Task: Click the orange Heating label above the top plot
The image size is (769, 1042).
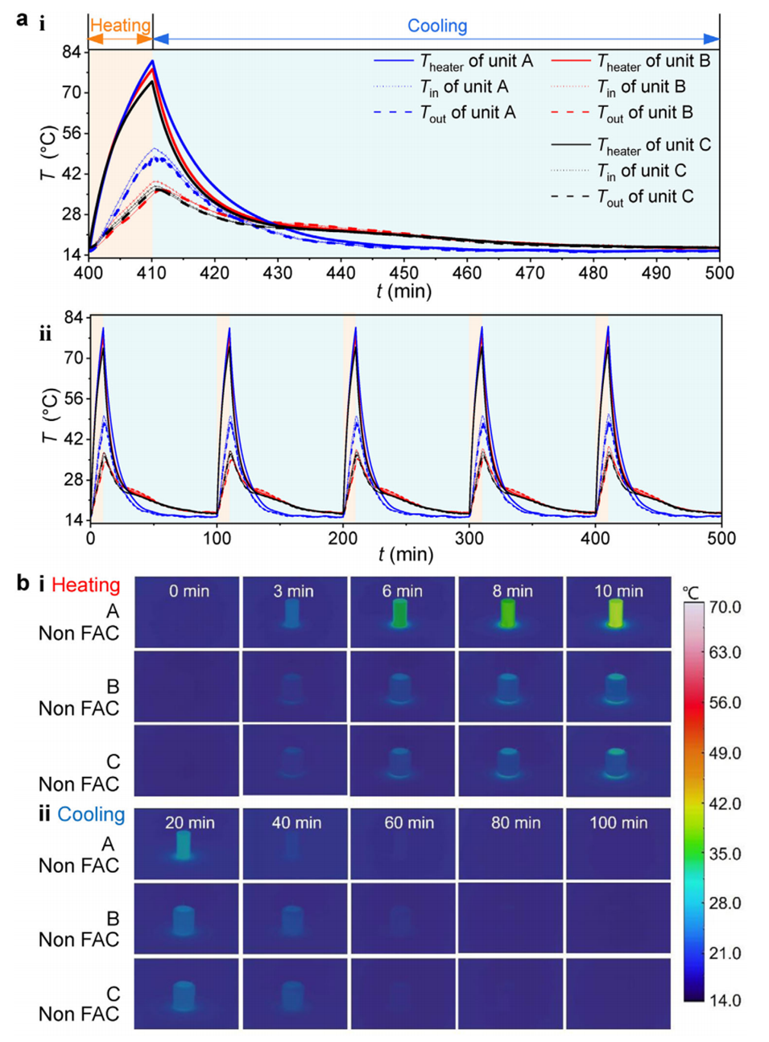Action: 120,26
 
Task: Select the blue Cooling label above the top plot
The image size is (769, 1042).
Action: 436,26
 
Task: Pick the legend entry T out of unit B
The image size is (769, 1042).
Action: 645,114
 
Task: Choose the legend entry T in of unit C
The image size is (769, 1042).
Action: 642,172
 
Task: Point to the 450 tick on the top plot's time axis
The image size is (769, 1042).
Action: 403,273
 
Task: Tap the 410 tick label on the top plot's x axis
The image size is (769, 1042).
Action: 151,273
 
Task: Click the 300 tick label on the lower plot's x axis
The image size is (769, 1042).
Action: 469,538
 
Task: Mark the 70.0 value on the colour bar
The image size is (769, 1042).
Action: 726,606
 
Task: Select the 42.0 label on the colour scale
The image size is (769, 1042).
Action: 725,804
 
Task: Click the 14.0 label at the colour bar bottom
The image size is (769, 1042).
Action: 725,1000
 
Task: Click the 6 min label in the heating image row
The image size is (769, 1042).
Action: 402,591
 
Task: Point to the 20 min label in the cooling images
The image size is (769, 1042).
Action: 189,822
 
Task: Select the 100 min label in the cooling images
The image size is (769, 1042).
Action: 618,822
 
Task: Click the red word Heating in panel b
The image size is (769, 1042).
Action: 85,585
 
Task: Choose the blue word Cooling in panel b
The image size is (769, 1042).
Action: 91,814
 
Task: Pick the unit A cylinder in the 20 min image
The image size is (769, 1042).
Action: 184,845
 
